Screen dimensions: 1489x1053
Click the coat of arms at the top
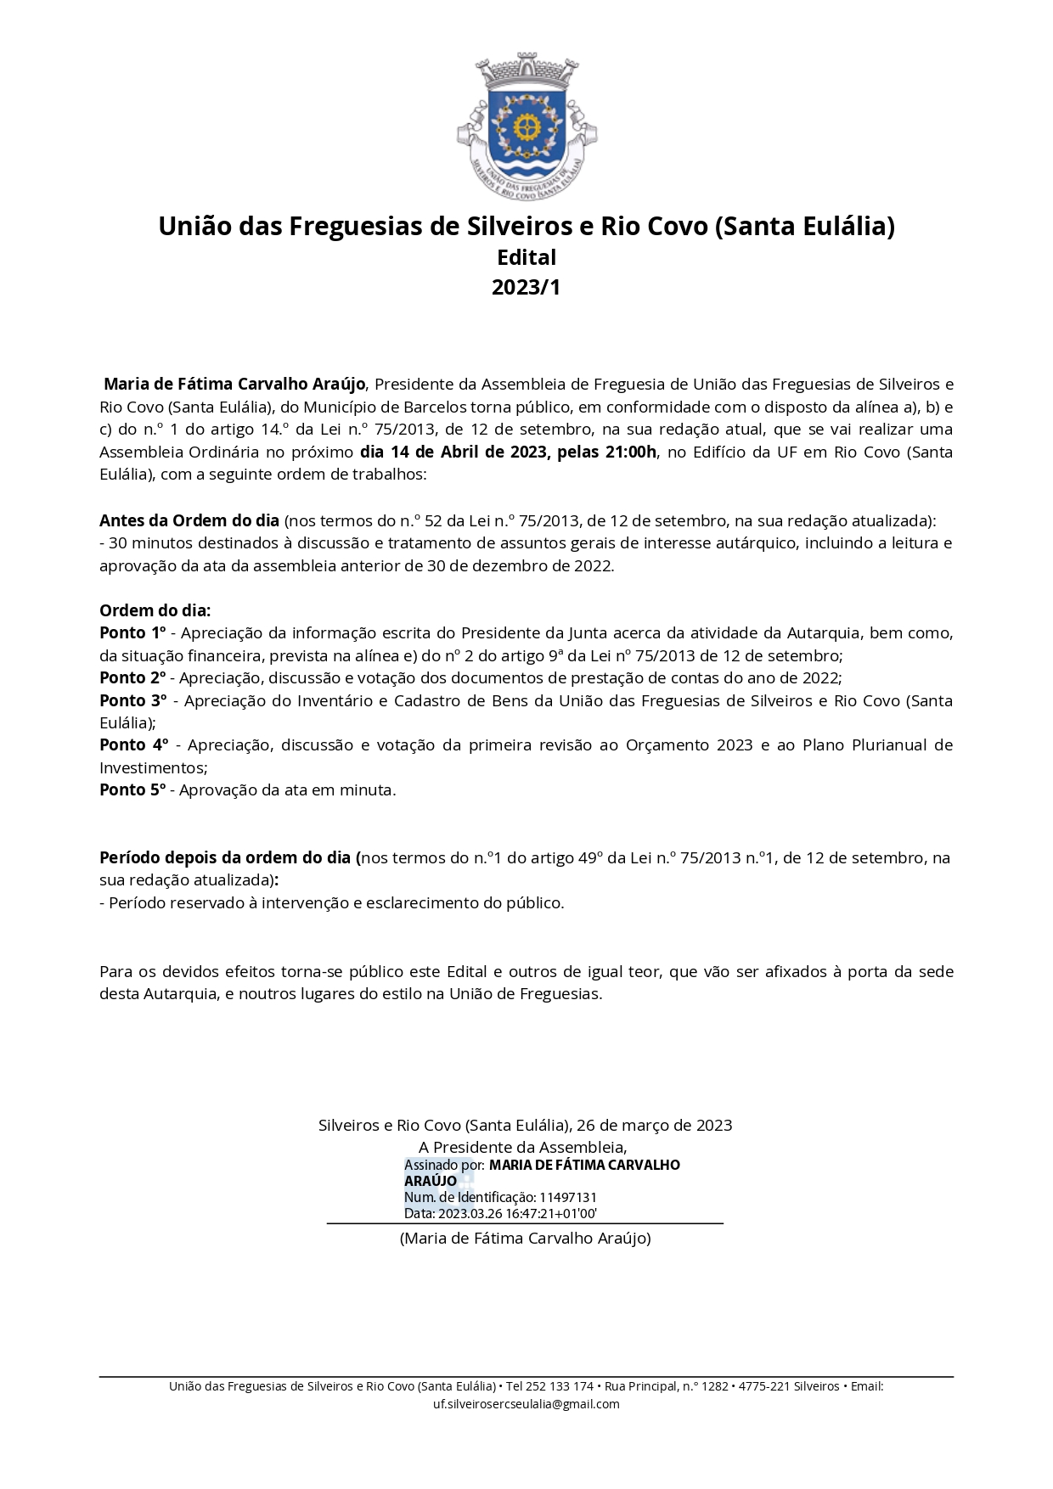point(526,126)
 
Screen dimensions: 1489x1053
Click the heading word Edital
point(526,257)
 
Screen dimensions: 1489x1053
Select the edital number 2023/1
point(526,288)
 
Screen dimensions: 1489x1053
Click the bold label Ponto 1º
point(132,633)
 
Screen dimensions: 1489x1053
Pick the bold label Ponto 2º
point(132,678)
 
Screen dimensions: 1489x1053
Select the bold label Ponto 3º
point(133,701)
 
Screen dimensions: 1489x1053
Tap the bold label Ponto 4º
point(134,745)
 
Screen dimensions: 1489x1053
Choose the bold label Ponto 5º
point(132,790)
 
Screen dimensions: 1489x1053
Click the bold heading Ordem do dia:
point(155,610)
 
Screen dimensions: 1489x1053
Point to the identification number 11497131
point(568,1198)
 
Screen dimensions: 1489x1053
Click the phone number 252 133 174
point(560,1386)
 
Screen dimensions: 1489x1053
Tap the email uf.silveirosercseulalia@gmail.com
point(526,1404)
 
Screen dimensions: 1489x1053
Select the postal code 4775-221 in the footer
point(764,1386)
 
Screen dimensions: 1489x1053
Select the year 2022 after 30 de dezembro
point(593,566)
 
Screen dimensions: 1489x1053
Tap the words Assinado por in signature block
point(444,1166)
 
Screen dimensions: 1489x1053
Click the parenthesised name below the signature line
point(526,1239)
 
